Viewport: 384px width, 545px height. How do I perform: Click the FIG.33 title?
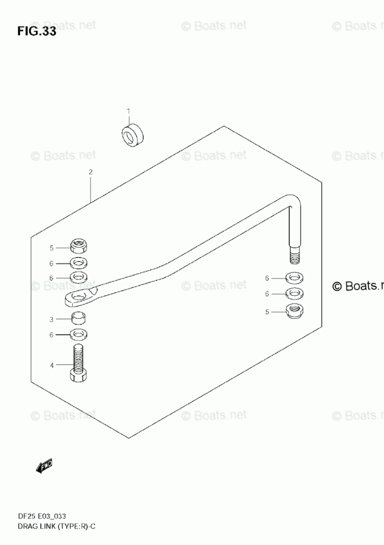(36, 31)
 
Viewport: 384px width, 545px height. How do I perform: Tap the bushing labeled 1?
(132, 135)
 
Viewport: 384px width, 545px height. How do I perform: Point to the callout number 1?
(129, 111)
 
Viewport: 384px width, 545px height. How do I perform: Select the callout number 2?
(90, 172)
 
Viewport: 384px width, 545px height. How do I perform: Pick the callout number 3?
(51, 319)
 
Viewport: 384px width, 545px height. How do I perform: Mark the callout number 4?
(51, 365)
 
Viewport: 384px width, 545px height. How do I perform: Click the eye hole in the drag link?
(79, 297)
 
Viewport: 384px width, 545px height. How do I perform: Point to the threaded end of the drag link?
(294, 256)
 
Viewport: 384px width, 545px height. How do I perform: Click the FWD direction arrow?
(44, 466)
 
